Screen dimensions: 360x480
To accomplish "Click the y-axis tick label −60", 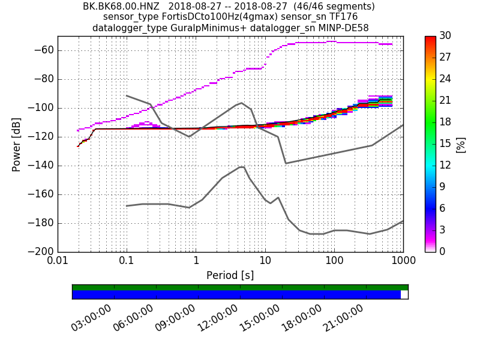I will click(x=44, y=50).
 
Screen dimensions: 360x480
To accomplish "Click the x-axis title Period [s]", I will click(x=230, y=275).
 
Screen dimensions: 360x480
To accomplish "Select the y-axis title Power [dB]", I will click(x=17, y=144).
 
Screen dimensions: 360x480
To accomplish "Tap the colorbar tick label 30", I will click(x=445, y=36).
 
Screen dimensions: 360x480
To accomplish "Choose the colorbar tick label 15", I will click(x=445, y=144).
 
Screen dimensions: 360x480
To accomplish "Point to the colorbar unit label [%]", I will click(x=461, y=144).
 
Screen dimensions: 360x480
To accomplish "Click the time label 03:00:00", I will click(x=91, y=318).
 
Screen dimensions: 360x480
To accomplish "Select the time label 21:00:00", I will click(x=343, y=318).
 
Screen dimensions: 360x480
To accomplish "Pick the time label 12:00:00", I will click(x=217, y=318).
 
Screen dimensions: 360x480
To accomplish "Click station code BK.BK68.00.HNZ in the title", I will click(x=122, y=7).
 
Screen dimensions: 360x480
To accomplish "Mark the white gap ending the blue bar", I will click(x=404, y=295).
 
